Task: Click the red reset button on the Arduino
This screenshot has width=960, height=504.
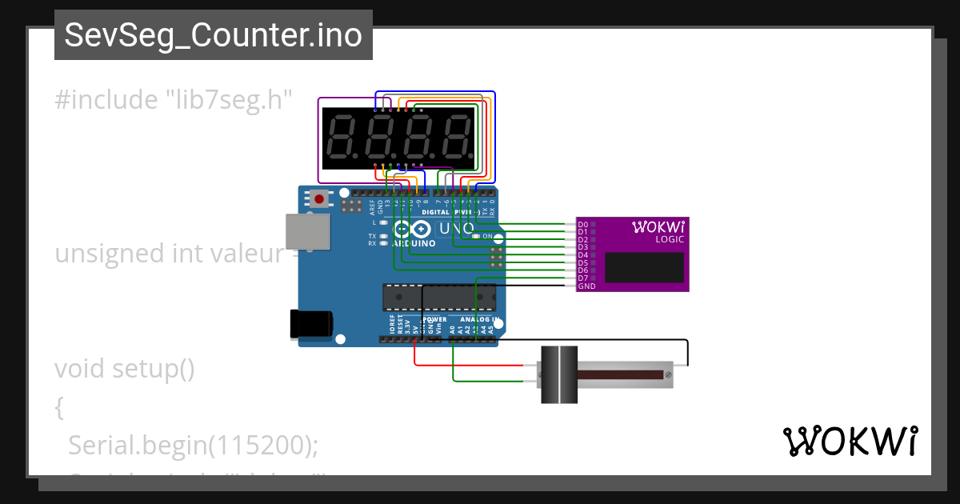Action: pos(320,198)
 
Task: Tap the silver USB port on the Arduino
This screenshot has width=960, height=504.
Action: pos(307,231)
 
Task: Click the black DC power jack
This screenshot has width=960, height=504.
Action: pos(311,322)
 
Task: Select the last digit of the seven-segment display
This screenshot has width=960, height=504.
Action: pos(458,135)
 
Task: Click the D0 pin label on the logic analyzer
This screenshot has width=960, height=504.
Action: pos(583,225)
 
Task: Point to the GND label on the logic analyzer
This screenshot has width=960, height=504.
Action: pos(586,286)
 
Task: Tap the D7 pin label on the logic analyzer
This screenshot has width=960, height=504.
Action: pos(583,278)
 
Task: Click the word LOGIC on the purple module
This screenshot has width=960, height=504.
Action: pos(669,239)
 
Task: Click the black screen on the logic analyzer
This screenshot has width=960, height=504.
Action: pos(644,267)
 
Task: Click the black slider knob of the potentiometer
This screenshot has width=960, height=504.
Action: pos(558,374)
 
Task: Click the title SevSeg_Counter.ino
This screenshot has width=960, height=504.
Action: pos(213,35)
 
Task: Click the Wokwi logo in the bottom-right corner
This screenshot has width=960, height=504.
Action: pos(849,441)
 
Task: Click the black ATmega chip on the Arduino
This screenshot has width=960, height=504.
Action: pos(440,297)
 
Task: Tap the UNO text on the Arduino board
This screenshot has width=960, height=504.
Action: pos(458,229)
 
